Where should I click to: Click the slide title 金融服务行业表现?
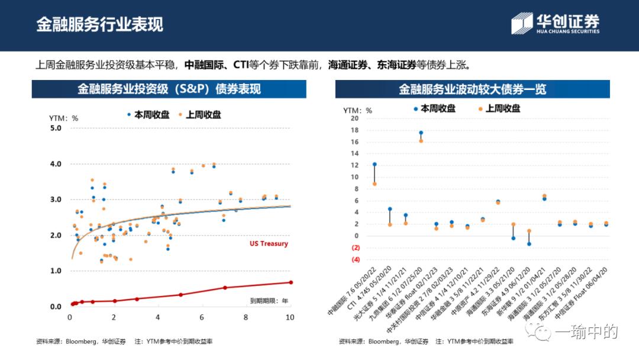[x=99, y=24]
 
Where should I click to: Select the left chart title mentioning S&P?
[x=169, y=89]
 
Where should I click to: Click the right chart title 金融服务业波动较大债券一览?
[x=472, y=89]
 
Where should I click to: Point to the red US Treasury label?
[x=269, y=244]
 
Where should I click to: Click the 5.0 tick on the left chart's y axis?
[x=56, y=128]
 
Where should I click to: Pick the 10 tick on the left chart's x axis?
[x=290, y=317]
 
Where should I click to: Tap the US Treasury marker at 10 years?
[x=291, y=282]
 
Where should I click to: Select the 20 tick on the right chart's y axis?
[x=354, y=118]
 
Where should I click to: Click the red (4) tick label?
[x=355, y=259]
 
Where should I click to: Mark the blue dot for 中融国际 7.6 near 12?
[x=375, y=164]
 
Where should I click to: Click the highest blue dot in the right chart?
[x=421, y=133]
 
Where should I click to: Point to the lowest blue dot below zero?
[x=529, y=244]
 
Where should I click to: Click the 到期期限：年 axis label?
[x=269, y=301]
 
